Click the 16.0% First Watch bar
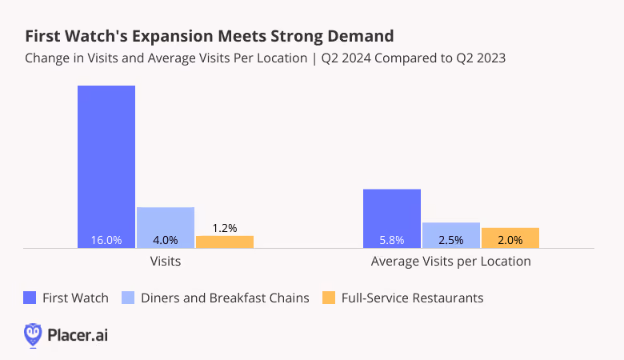point(106,166)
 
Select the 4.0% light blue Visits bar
point(166,227)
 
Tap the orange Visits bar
point(225,242)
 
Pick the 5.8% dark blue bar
point(392,218)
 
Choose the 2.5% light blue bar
point(451,235)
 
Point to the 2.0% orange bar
point(510,238)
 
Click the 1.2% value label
point(225,228)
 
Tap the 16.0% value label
point(106,240)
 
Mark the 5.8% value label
point(392,240)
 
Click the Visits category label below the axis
point(166,262)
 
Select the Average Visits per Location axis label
point(451,262)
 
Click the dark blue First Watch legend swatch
point(30,298)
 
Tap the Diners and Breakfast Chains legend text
point(225,298)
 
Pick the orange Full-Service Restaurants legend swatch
point(329,298)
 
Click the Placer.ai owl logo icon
point(33,335)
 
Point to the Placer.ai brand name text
point(78,335)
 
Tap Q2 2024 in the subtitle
point(346,58)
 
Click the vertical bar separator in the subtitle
point(314,58)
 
